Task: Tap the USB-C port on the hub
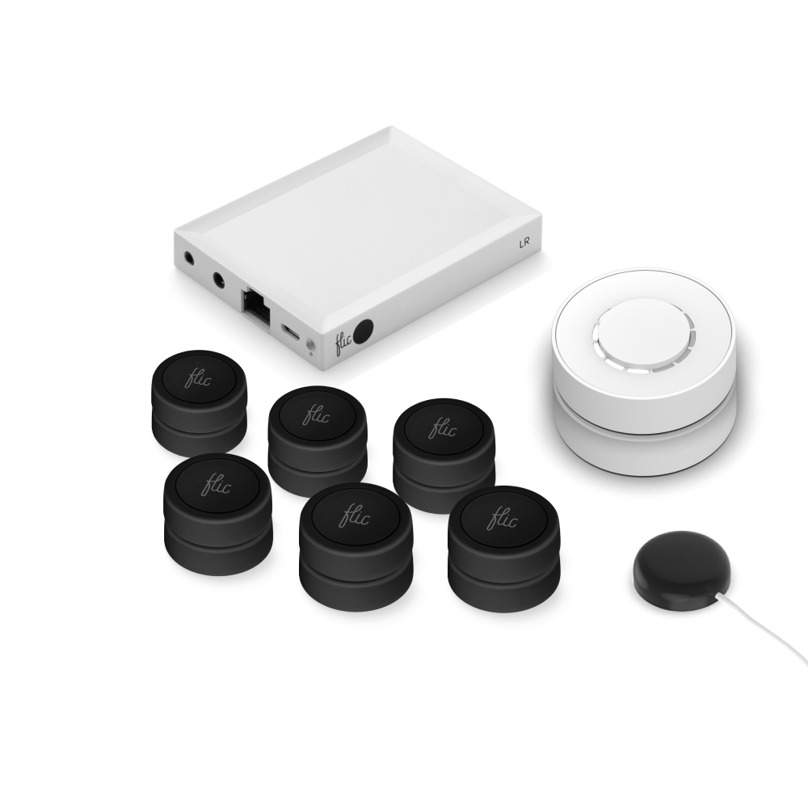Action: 290,330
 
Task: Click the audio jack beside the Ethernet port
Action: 219,280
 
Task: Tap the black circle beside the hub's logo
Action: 365,330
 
